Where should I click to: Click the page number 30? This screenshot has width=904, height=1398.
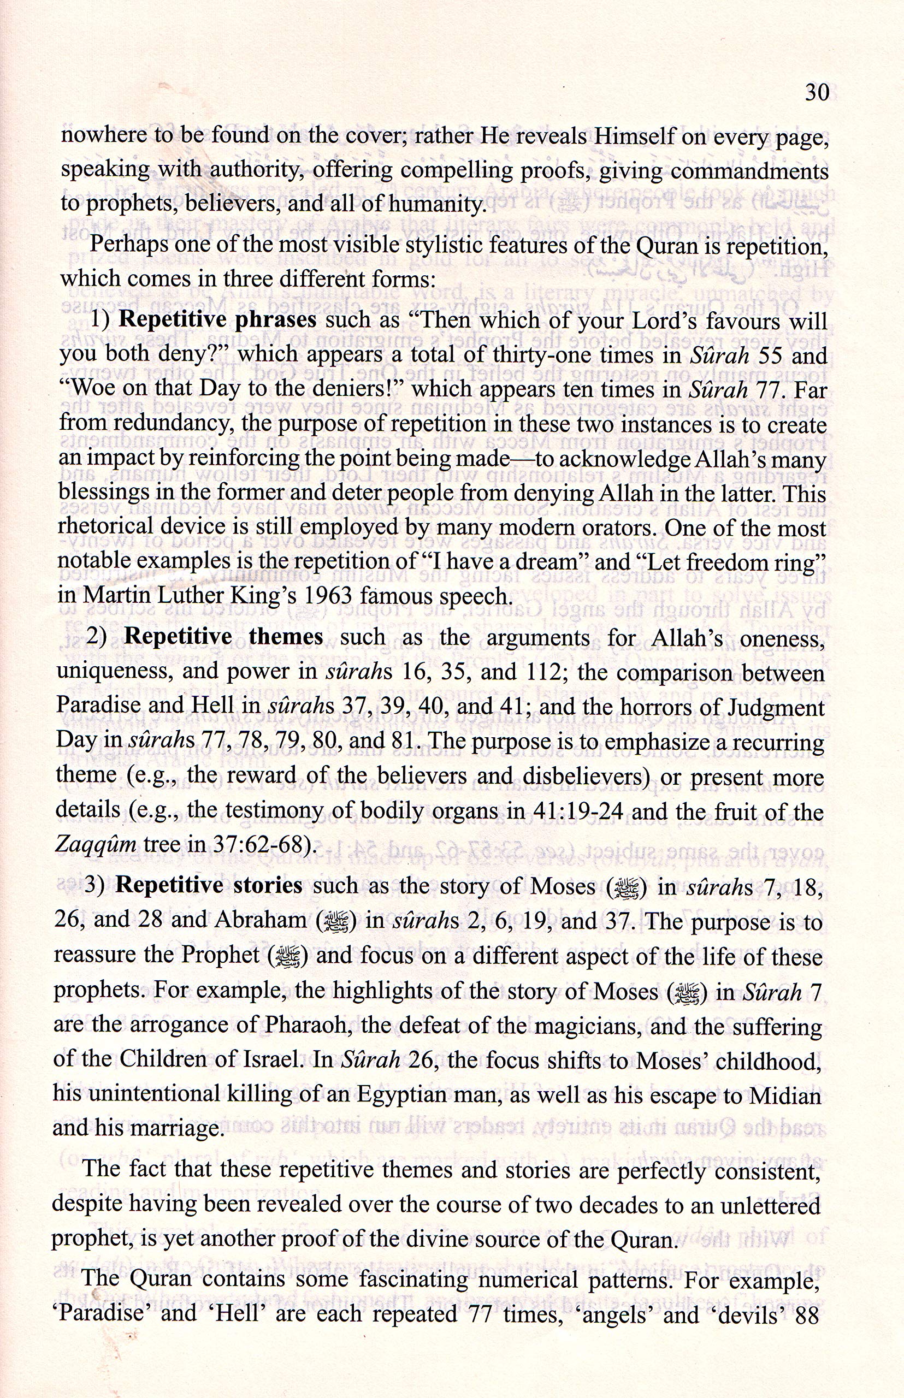point(816,92)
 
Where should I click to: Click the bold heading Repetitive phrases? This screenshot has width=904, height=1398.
point(218,320)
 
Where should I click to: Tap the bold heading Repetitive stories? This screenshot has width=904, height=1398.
point(209,886)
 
